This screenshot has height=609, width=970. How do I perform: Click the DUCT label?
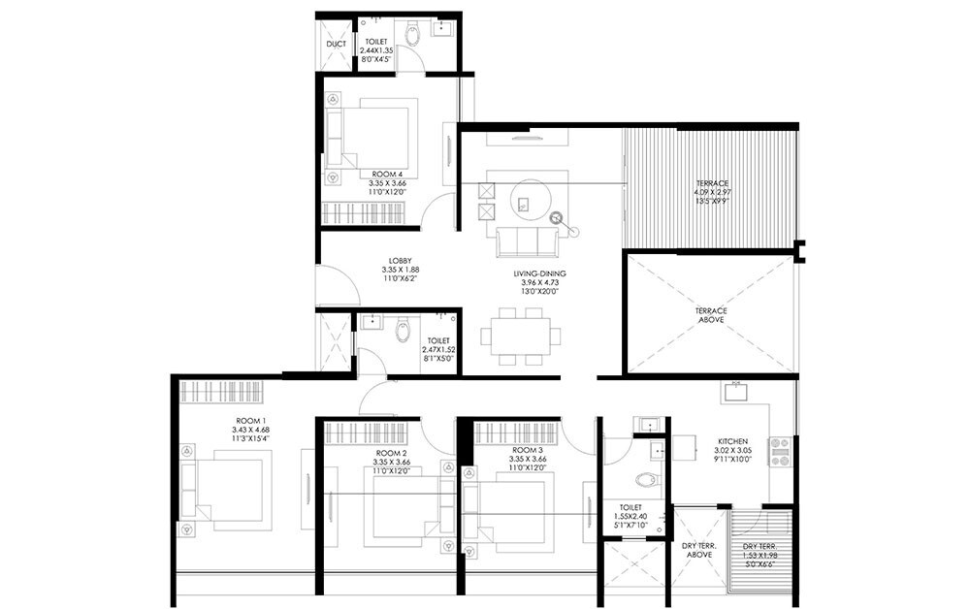point(337,45)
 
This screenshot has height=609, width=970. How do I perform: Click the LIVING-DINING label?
point(540,275)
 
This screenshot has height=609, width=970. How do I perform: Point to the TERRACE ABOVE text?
point(711,315)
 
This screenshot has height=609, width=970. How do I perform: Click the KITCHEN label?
point(732,439)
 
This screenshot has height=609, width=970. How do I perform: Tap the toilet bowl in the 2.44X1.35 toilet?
point(412,37)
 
